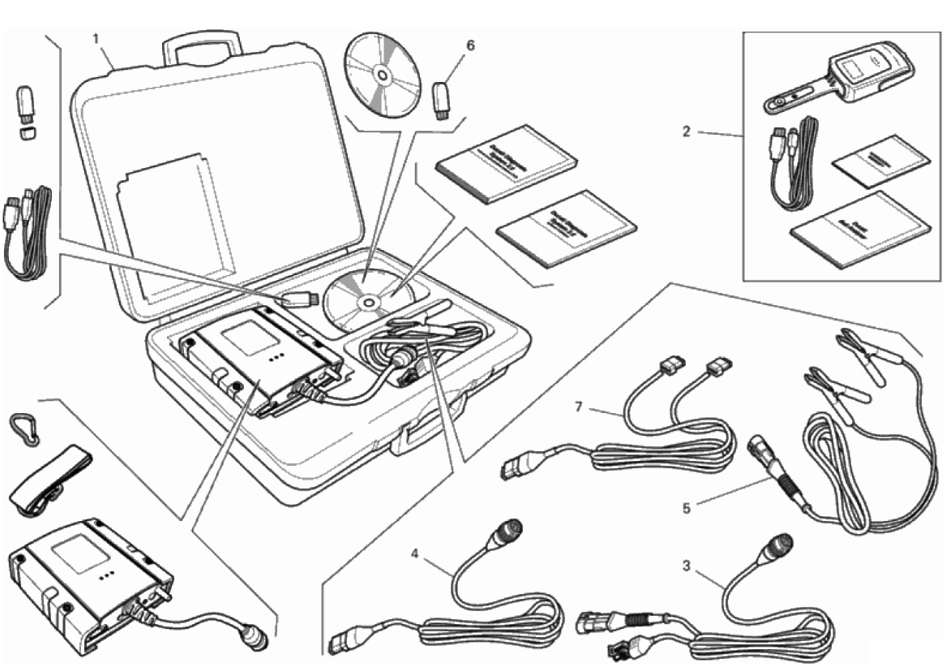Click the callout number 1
tap(96, 38)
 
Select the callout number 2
tap(686, 131)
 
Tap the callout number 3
tap(687, 566)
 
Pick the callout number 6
tap(470, 45)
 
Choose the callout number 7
tap(579, 407)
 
